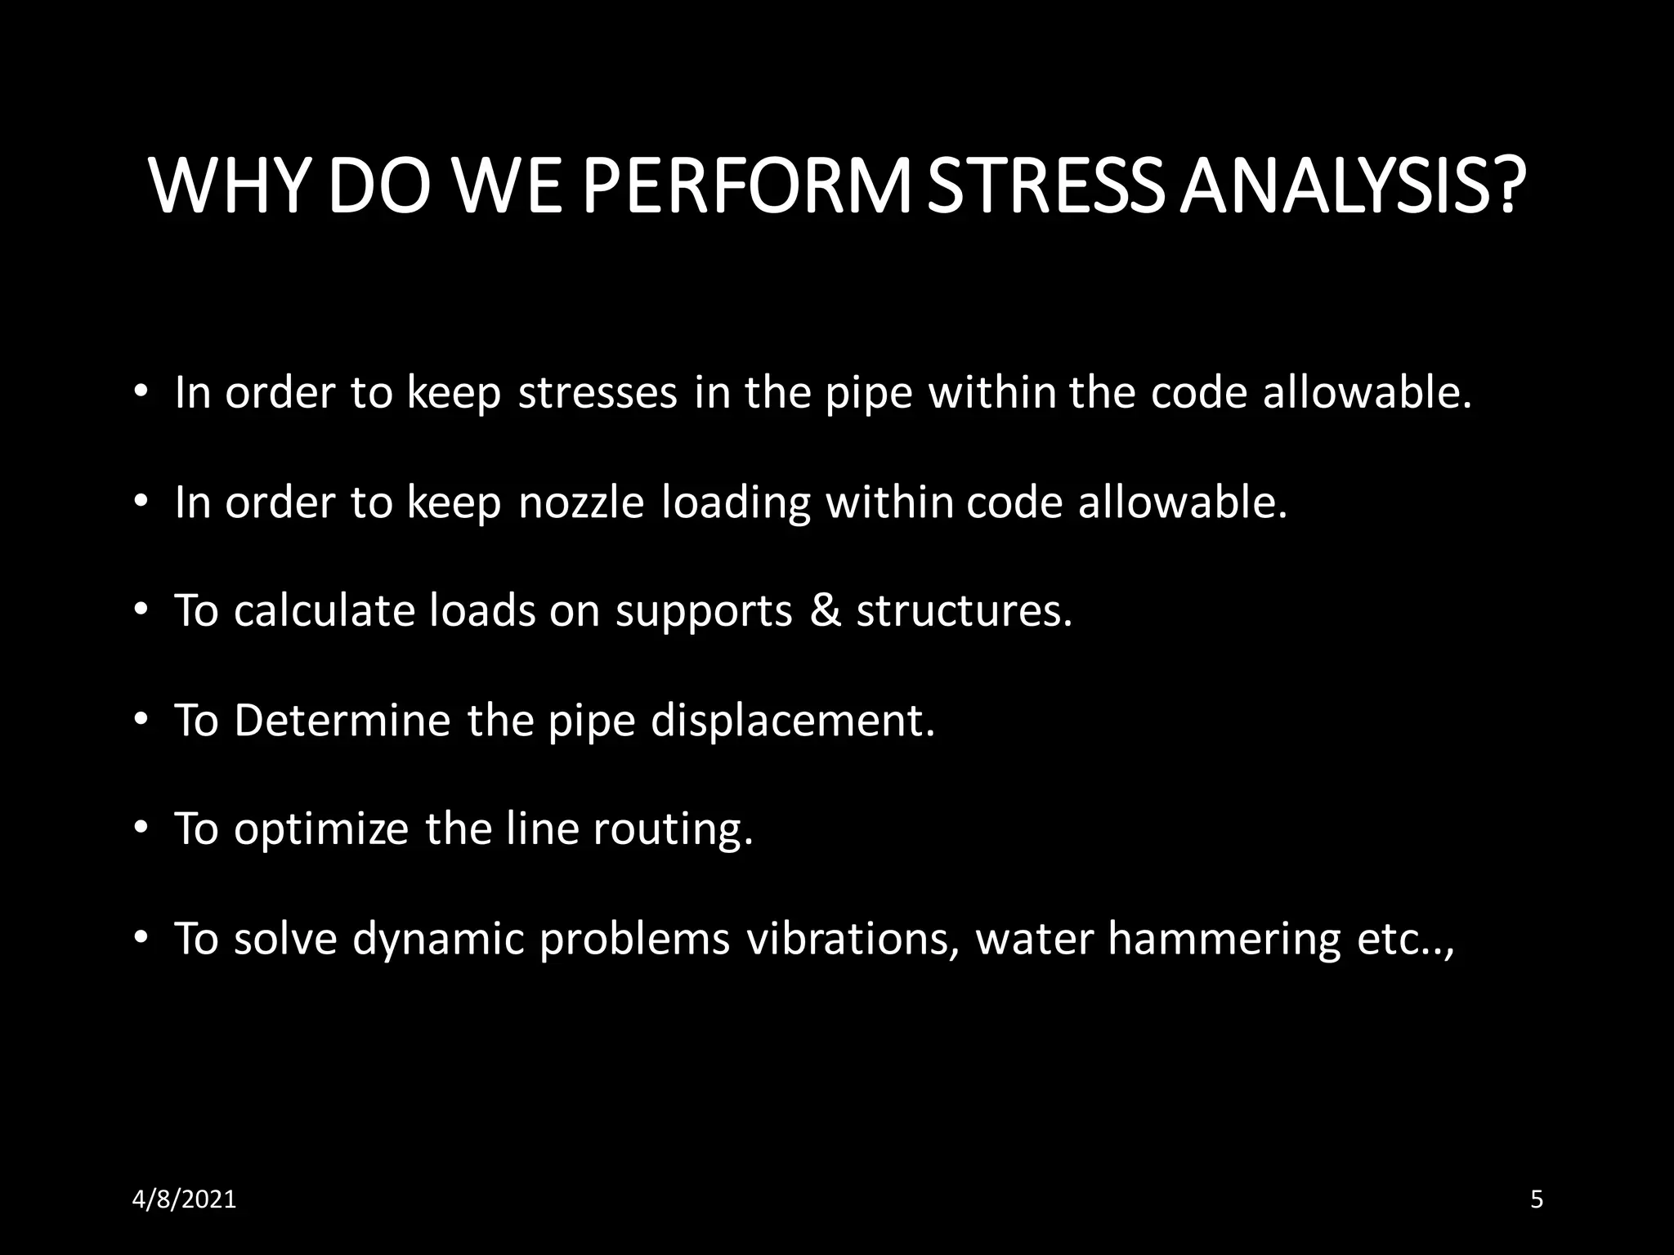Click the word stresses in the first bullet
[x=598, y=393]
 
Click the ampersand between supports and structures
[x=825, y=610]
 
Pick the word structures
[x=964, y=610]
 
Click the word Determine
[x=342, y=721]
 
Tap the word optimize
[x=320, y=830]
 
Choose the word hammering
[x=1224, y=940]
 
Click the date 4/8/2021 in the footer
[x=185, y=1199]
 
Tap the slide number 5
[x=1536, y=1199]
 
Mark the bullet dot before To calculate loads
[x=141, y=610]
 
